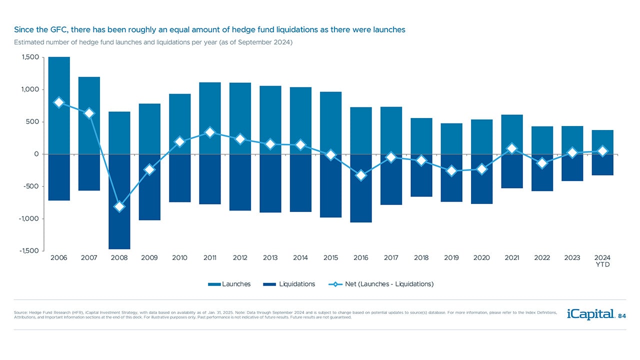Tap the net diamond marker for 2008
click(119, 206)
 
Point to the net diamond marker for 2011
click(210, 132)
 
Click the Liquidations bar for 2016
click(361, 200)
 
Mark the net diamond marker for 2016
click(361, 175)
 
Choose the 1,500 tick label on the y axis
click(30, 57)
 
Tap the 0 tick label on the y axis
click(36, 154)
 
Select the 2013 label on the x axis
click(270, 258)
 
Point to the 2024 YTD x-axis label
click(602, 261)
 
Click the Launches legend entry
click(229, 284)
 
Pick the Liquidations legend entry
click(290, 284)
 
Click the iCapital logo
click(590, 314)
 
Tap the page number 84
click(622, 316)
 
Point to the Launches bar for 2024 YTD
click(602, 142)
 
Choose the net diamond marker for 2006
click(59, 102)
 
